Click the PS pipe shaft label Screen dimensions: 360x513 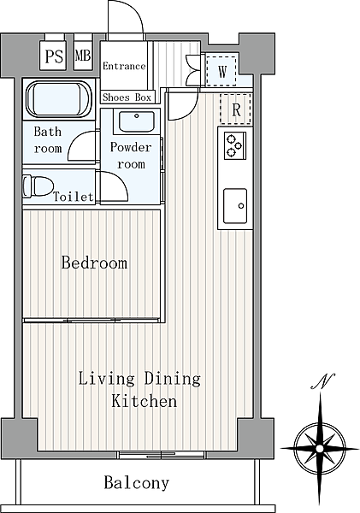[x=54, y=56]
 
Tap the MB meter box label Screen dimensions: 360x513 [x=83, y=56]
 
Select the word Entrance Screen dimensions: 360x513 [x=124, y=66]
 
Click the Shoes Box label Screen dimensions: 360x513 [x=127, y=97]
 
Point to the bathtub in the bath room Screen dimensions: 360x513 [x=59, y=99]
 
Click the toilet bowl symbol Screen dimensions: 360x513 [x=38, y=186]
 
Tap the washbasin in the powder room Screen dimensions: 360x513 [x=137, y=121]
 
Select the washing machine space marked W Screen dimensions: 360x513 [x=221, y=71]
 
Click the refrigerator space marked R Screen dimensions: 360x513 [x=236, y=109]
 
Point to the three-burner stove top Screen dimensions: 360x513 [x=235, y=145]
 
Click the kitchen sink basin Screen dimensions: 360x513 [x=235, y=206]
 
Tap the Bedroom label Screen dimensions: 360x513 [x=94, y=262]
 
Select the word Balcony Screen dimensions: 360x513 [x=137, y=482]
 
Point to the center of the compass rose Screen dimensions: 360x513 [x=320, y=448]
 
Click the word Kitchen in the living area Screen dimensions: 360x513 [x=144, y=401]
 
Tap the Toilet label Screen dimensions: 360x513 [x=74, y=197]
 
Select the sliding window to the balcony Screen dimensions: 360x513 [x=162, y=455]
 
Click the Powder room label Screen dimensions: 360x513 [x=131, y=156]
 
